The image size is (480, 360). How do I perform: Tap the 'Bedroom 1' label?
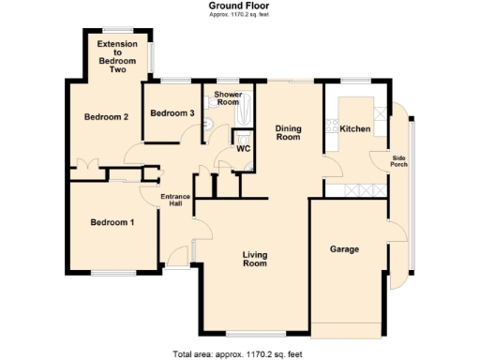pyautogui.click(x=112, y=222)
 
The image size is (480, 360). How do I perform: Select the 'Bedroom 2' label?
pyautogui.click(x=106, y=117)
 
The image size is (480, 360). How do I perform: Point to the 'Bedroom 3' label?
pyautogui.click(x=172, y=113)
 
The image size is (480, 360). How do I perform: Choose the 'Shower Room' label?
pyautogui.click(x=228, y=98)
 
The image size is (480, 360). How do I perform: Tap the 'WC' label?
pyautogui.click(x=243, y=148)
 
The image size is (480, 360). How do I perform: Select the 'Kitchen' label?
pyautogui.click(x=355, y=128)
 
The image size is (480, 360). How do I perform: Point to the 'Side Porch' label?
pyautogui.click(x=399, y=160)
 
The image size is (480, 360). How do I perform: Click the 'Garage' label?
pyautogui.click(x=346, y=249)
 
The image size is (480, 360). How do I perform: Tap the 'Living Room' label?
pyautogui.click(x=254, y=260)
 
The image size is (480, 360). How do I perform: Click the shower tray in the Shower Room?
pyautogui.click(x=242, y=115)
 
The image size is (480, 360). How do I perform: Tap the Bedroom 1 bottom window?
pyautogui.click(x=112, y=274)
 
